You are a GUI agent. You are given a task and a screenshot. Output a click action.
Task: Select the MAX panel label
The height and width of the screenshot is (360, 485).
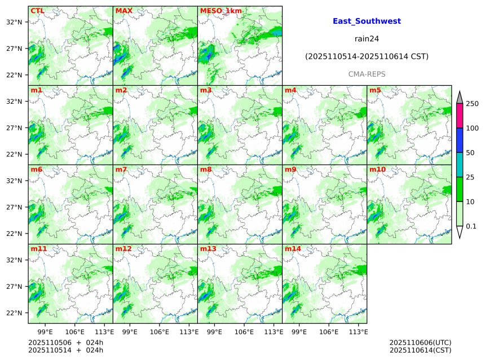tap(124, 11)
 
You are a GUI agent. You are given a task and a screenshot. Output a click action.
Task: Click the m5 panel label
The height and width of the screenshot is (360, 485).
tap(375, 90)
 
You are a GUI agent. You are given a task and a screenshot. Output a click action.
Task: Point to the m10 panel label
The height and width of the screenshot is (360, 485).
tap(377, 169)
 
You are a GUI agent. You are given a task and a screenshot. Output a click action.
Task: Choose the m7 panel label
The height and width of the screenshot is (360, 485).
tap(121, 169)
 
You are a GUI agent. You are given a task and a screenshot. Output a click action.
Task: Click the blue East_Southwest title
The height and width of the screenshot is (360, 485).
tap(367, 21)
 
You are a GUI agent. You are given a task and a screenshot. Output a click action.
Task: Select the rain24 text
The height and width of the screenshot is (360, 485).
tap(367, 39)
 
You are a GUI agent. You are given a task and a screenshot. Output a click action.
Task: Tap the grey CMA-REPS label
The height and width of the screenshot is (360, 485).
tap(367, 74)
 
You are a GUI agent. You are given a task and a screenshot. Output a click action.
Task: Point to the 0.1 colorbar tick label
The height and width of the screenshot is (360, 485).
tap(471, 226)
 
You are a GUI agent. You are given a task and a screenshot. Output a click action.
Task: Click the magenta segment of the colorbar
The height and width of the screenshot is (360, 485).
tap(460, 116)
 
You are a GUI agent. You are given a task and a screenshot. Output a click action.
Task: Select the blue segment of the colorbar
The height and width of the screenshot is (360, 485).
tap(460, 140)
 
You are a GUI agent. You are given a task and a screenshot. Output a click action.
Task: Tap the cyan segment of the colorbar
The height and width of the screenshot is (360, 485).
tap(460, 165)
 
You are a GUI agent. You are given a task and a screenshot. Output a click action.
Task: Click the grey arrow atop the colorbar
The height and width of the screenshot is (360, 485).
tap(460, 97)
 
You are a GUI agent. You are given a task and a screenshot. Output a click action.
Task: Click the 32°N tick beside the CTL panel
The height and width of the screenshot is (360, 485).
tap(15, 22)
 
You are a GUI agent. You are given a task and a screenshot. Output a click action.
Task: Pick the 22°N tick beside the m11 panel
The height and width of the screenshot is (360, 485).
tap(15, 313)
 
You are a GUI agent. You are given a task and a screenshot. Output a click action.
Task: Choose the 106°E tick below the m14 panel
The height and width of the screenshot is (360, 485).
tap(329, 332)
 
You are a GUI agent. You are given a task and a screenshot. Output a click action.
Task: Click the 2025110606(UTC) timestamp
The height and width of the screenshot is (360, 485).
tap(420, 343)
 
